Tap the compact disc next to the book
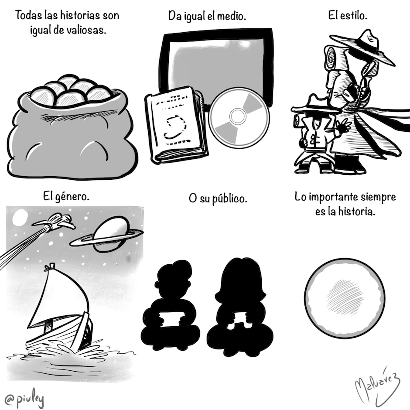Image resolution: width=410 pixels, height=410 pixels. click(x=239, y=118)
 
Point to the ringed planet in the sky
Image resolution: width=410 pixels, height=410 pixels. click(x=107, y=234)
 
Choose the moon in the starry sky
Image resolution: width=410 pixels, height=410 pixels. click(x=20, y=217)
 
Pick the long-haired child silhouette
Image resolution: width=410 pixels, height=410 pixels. click(x=239, y=307)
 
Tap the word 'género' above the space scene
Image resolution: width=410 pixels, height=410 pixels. click(x=72, y=197)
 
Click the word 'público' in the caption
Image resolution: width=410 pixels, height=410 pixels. click(x=229, y=199)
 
